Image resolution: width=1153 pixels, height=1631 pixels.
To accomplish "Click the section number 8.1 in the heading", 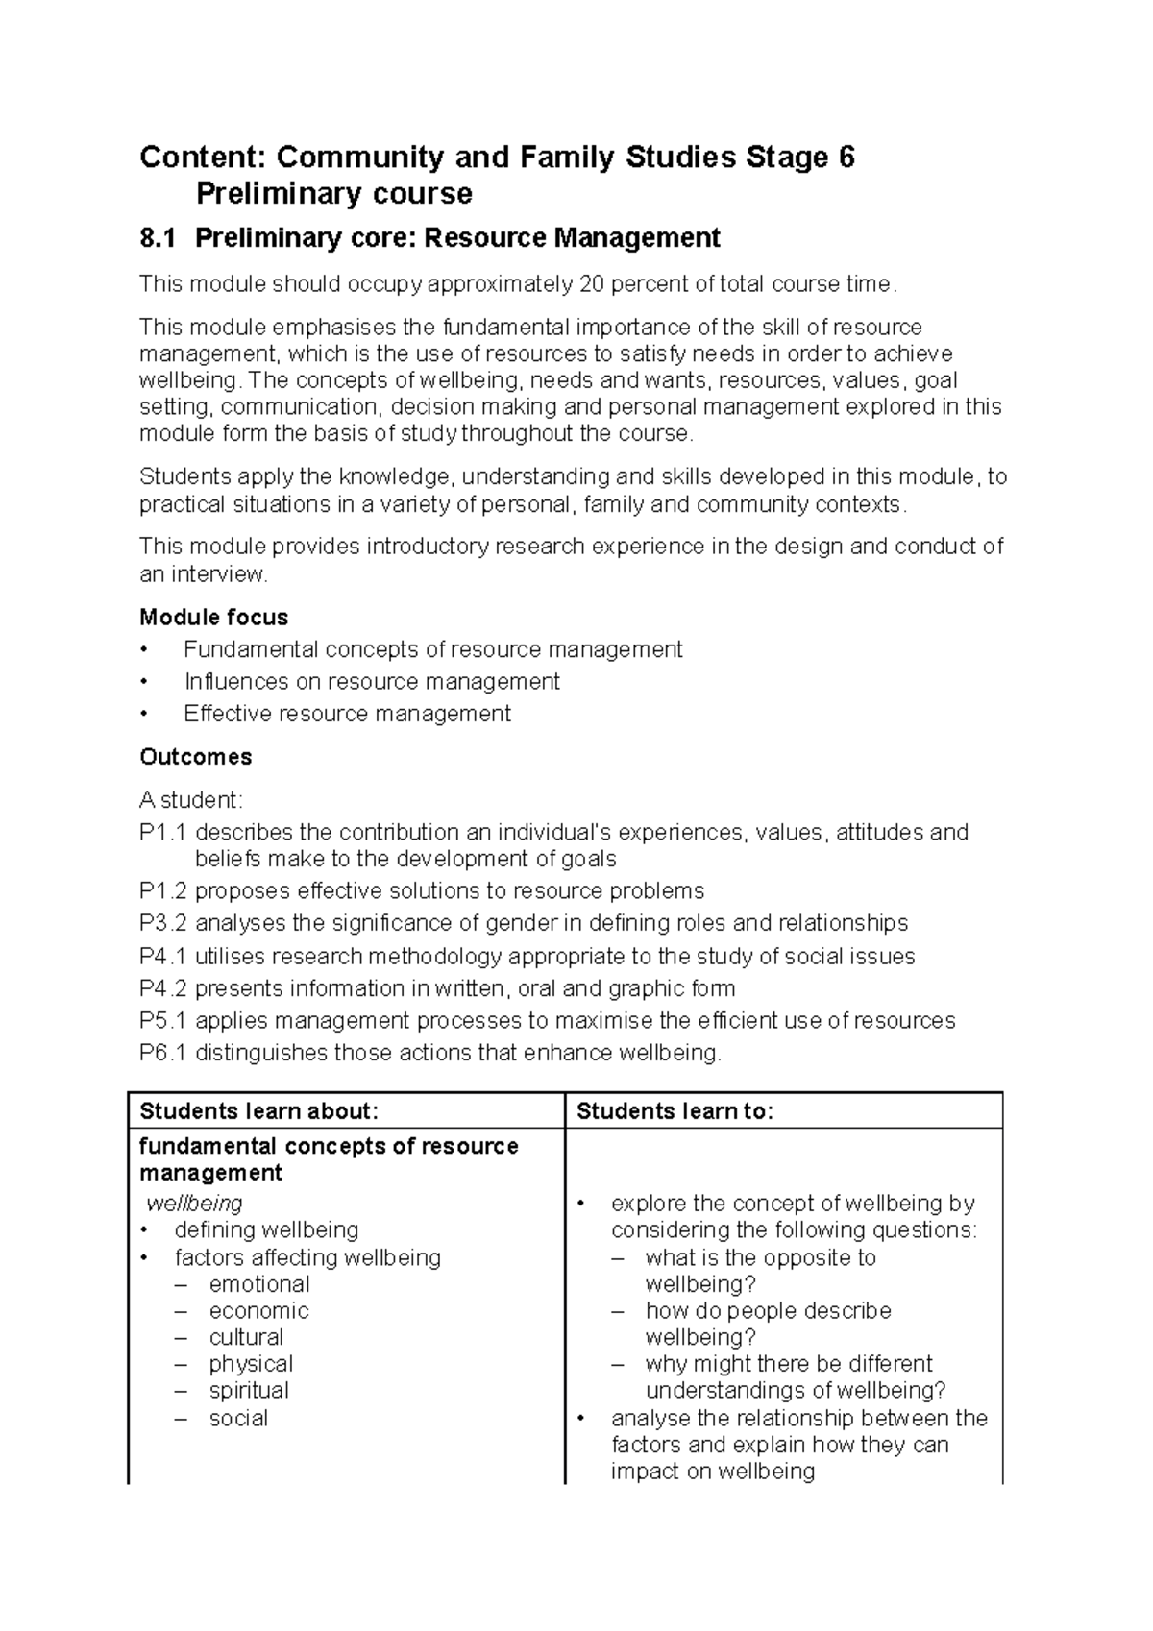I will click(158, 237).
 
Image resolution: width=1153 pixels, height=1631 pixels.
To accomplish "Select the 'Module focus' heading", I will click(213, 617).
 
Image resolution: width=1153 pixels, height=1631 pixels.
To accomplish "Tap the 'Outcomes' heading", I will click(195, 757).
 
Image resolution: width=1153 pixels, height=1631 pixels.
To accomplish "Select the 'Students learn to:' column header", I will click(675, 1111).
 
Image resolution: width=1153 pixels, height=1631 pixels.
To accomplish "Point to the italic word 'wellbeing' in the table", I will click(194, 1203).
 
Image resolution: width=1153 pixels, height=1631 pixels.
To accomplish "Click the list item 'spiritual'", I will click(249, 1390).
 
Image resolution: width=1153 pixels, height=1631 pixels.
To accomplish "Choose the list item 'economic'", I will click(258, 1310).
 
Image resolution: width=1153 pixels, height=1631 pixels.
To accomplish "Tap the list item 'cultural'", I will click(246, 1337).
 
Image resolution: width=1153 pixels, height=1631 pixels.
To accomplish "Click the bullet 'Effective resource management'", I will click(347, 714).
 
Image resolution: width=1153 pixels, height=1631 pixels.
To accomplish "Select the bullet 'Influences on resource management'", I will click(372, 681).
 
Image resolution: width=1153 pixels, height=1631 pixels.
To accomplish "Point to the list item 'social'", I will click(238, 1418).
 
